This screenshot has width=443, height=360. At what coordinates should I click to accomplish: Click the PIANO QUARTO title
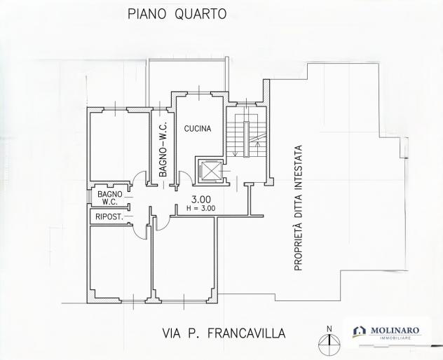177,14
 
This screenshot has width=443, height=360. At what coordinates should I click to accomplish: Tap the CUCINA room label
198,129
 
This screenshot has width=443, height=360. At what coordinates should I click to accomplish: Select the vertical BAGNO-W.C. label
163,149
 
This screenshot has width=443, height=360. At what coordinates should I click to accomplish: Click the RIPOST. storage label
109,217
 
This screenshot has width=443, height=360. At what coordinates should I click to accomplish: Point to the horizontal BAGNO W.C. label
110,198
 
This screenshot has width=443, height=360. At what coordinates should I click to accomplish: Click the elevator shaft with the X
210,170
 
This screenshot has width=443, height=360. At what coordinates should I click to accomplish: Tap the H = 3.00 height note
201,209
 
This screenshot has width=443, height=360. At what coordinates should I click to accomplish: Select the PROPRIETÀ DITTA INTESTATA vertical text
299,208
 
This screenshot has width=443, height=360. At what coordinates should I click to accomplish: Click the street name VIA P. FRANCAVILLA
224,333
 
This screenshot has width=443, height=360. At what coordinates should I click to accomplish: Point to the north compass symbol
329,343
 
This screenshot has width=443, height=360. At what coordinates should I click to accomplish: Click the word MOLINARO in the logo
395,331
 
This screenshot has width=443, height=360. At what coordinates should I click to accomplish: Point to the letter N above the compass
329,329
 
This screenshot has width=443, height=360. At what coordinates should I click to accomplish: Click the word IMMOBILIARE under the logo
395,338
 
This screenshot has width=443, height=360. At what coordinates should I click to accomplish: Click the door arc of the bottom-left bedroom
139,232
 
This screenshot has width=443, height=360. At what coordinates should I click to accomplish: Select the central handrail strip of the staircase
247,139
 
